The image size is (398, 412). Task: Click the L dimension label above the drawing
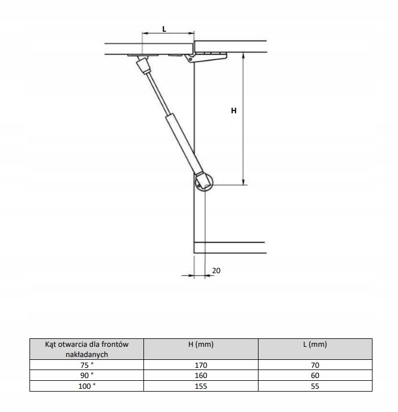(x=164, y=29)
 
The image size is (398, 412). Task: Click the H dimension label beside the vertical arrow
(x=234, y=111)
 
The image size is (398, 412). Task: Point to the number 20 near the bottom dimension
(x=216, y=270)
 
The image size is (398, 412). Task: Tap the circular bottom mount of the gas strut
(x=204, y=182)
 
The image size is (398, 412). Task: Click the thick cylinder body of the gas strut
(x=184, y=144)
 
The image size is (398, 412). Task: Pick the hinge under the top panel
(x=206, y=57)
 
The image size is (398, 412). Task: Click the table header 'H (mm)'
(x=201, y=344)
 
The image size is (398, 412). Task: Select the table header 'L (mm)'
(x=315, y=344)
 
